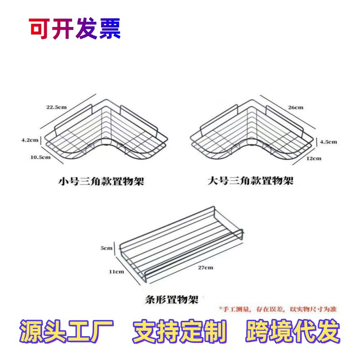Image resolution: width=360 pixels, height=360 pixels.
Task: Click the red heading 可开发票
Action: (75, 29)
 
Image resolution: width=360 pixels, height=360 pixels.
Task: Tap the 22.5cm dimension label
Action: (56, 108)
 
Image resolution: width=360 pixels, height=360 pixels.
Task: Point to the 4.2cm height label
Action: (31, 140)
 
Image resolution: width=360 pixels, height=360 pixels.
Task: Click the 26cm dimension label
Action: (296, 107)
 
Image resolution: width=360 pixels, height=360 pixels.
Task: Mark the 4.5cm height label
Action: (328, 142)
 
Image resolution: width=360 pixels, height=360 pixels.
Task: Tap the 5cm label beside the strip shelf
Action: (107, 248)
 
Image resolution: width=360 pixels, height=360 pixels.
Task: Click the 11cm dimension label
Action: (116, 271)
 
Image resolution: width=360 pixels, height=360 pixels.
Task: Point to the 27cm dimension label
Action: (205, 268)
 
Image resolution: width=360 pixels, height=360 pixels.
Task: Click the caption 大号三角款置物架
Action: (251, 181)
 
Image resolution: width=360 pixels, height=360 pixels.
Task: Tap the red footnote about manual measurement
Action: (278, 309)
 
